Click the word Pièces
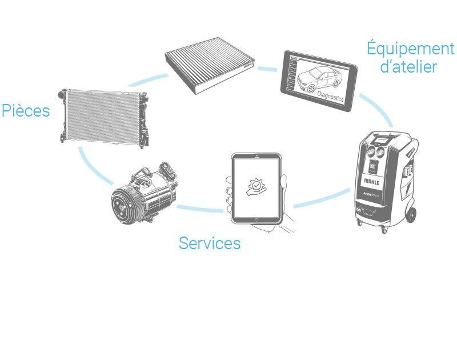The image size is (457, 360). coord(26,111)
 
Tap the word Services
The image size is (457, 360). coord(210,243)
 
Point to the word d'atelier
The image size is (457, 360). coord(408,67)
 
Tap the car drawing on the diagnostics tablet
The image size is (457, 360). coord(316,78)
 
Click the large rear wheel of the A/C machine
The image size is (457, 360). coord(411,214)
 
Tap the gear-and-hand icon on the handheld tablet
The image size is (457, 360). coord(256,187)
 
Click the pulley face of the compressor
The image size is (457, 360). coord(122,205)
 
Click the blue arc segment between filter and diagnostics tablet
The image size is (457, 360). coord(267,69)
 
